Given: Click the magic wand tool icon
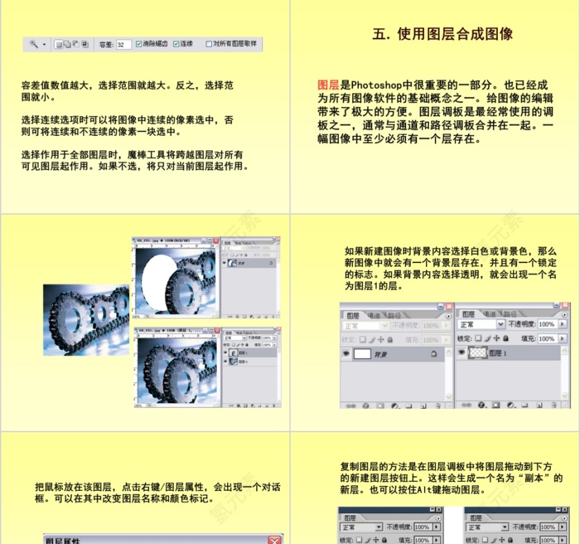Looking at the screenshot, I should tap(34, 44).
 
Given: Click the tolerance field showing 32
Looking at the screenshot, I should tap(124, 44).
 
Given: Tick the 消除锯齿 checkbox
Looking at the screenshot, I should tap(139, 44).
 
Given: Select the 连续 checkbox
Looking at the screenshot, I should tap(176, 44).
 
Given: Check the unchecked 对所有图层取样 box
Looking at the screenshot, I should tap(209, 44).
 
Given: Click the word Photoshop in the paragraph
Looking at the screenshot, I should tap(378, 85).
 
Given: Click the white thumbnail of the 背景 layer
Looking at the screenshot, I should tap(362, 353).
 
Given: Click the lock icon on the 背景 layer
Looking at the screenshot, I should tap(434, 353).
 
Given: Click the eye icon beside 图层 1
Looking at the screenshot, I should tap(462, 353).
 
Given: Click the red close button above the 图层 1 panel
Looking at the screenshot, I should tap(565, 306).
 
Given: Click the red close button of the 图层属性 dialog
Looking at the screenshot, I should tap(275, 539).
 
